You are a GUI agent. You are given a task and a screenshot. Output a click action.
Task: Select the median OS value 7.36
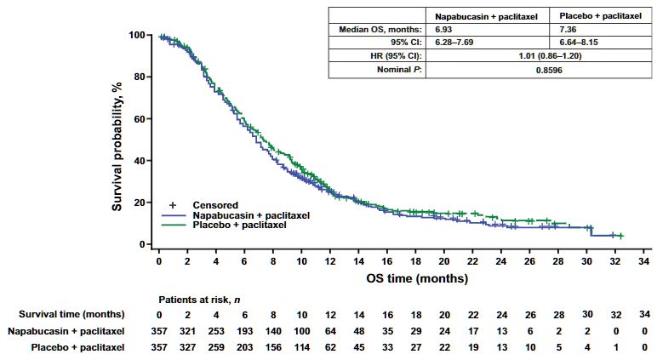point(557,30)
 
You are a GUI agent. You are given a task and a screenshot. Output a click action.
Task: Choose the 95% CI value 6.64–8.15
point(567,43)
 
